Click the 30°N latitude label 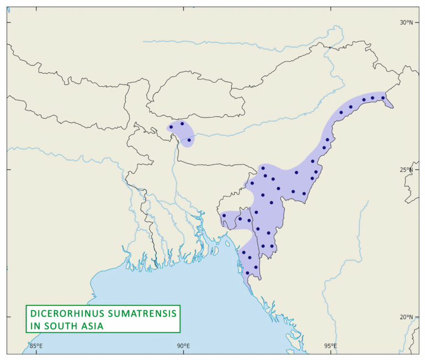(x=406, y=22)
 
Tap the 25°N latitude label (x=406, y=170)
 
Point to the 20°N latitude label (x=406, y=317)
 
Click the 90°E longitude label (x=183, y=346)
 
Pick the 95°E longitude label (x=331, y=346)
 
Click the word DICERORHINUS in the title (x=64, y=313)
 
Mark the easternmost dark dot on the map (x=383, y=98)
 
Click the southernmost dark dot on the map (x=247, y=273)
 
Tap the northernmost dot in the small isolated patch (x=182, y=124)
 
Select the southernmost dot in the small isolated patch (x=189, y=140)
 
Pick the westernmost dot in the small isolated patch (x=171, y=127)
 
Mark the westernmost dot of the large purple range (x=224, y=215)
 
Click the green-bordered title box (x=103, y=319)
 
